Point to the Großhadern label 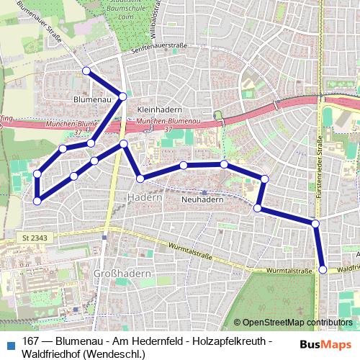tap(122, 274)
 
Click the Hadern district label tap(142, 197)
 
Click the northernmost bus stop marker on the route tap(86, 71)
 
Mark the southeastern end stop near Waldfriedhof tap(323, 269)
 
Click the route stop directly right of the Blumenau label tap(123, 96)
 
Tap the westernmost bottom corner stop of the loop tap(37, 200)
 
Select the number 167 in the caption tap(32, 341)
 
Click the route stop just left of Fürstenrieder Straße tap(315, 223)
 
